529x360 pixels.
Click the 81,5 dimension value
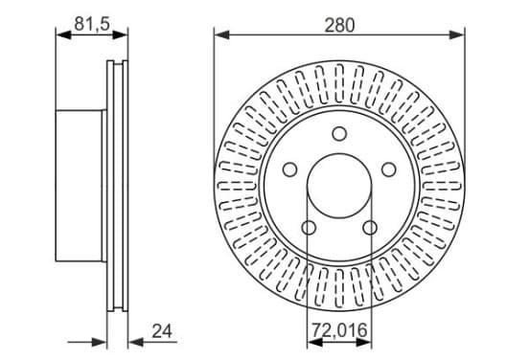pyautogui.click(x=92, y=24)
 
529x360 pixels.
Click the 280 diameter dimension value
pyautogui.click(x=339, y=25)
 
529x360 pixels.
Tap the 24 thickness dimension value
pyautogui.click(x=162, y=331)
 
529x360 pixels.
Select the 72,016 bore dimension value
pyautogui.click(x=339, y=330)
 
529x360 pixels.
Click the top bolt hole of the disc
pyautogui.click(x=339, y=134)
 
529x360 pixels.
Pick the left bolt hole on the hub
pyautogui.click(x=289, y=169)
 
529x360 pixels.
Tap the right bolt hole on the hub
pyautogui.click(x=389, y=169)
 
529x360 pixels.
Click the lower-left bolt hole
pyautogui.click(x=309, y=228)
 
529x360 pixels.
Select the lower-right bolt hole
pyautogui.click(x=370, y=228)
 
